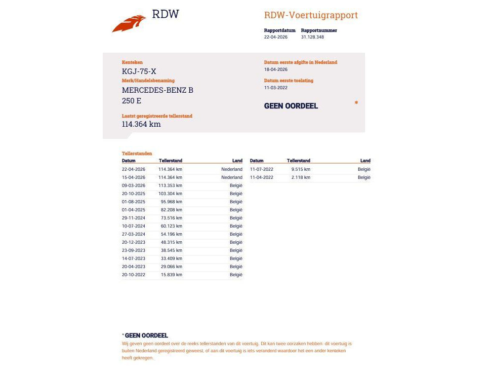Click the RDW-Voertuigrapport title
coord(311,15)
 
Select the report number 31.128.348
coord(312,37)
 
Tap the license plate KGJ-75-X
coord(139,71)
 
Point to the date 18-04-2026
coord(275,69)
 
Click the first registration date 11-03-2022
coord(275,88)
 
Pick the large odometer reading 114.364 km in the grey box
coord(141,124)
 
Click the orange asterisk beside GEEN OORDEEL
coord(356,103)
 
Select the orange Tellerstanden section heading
coord(137,154)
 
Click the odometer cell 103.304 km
coord(170,194)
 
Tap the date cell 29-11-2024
coord(134,218)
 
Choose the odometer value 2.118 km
coord(301,177)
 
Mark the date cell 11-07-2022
coord(262,169)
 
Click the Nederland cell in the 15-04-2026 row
coord(232,177)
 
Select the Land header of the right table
coord(365,161)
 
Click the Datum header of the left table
coord(129,161)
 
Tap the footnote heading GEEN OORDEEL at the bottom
coord(146,336)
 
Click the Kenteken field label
coord(132,62)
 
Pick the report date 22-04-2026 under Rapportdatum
coord(275,37)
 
